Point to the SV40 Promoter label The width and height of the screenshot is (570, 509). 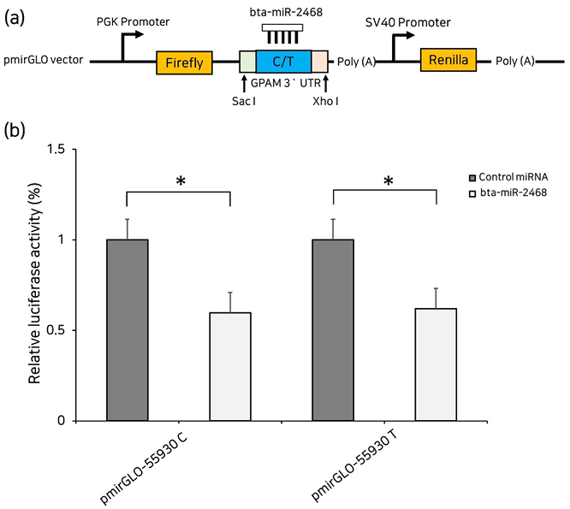click(x=406, y=21)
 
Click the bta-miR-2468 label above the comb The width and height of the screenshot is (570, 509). click(x=287, y=10)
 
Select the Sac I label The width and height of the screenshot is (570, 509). click(x=244, y=100)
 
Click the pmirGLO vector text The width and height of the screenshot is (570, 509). click(x=44, y=62)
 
